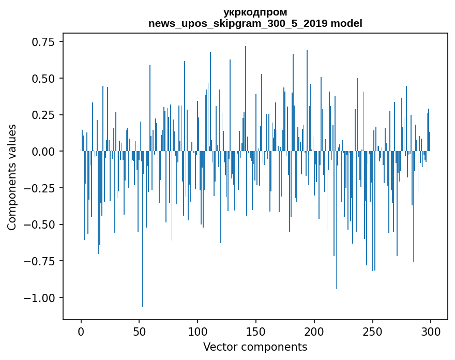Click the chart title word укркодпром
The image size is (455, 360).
[255, 12]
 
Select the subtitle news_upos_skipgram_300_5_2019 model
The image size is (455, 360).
[255, 23]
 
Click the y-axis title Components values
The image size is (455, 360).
[12, 177]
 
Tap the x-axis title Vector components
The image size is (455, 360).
[255, 347]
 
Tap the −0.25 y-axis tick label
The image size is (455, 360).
[44, 188]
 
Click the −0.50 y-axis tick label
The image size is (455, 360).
[44, 224]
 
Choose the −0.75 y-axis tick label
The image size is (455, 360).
[44, 261]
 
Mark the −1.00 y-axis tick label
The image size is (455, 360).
[44, 298]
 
